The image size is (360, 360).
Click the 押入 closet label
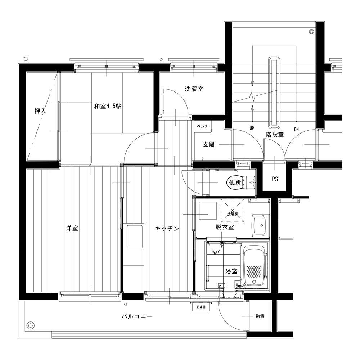(x=40, y=111)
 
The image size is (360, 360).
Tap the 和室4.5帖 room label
(x=108, y=106)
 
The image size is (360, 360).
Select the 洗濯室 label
(x=194, y=89)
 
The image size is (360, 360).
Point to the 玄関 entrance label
(x=208, y=144)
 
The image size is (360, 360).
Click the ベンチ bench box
(x=203, y=126)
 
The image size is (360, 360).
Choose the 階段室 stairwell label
(x=275, y=135)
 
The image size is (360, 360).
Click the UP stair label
(x=252, y=129)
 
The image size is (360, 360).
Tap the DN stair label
(x=296, y=130)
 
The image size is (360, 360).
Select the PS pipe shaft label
(x=275, y=179)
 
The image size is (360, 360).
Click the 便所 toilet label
(x=235, y=182)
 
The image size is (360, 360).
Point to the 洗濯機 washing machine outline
(x=233, y=211)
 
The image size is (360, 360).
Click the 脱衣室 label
(x=225, y=227)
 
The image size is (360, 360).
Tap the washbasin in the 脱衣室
(x=260, y=225)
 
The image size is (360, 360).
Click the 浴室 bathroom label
(x=231, y=271)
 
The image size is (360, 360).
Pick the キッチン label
(x=167, y=229)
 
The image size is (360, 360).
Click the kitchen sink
(x=135, y=237)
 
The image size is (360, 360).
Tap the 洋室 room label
(x=72, y=228)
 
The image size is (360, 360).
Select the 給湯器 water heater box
(x=201, y=307)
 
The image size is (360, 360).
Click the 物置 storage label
(x=260, y=316)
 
